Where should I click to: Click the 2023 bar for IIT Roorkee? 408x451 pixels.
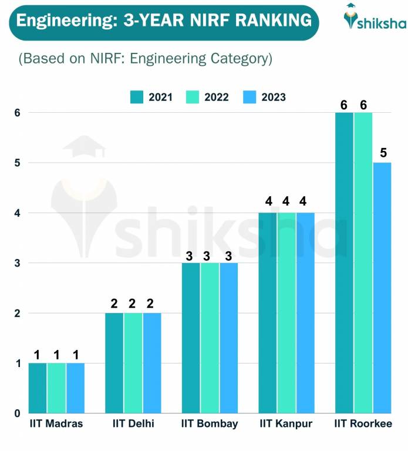[382, 288]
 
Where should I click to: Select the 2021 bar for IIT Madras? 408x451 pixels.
[38, 388]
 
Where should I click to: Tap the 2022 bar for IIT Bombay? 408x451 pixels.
[210, 338]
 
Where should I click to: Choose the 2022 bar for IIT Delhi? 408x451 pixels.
[133, 363]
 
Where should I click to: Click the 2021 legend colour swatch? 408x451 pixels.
[137, 97]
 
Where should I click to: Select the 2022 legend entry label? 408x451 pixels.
[217, 97]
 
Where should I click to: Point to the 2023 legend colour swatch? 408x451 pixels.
[250, 97]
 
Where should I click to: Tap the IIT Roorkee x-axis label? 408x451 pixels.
[363, 424]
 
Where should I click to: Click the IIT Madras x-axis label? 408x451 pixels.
[56, 424]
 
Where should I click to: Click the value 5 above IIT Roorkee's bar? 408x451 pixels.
[383, 153]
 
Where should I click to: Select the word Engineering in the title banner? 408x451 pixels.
[62, 21]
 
